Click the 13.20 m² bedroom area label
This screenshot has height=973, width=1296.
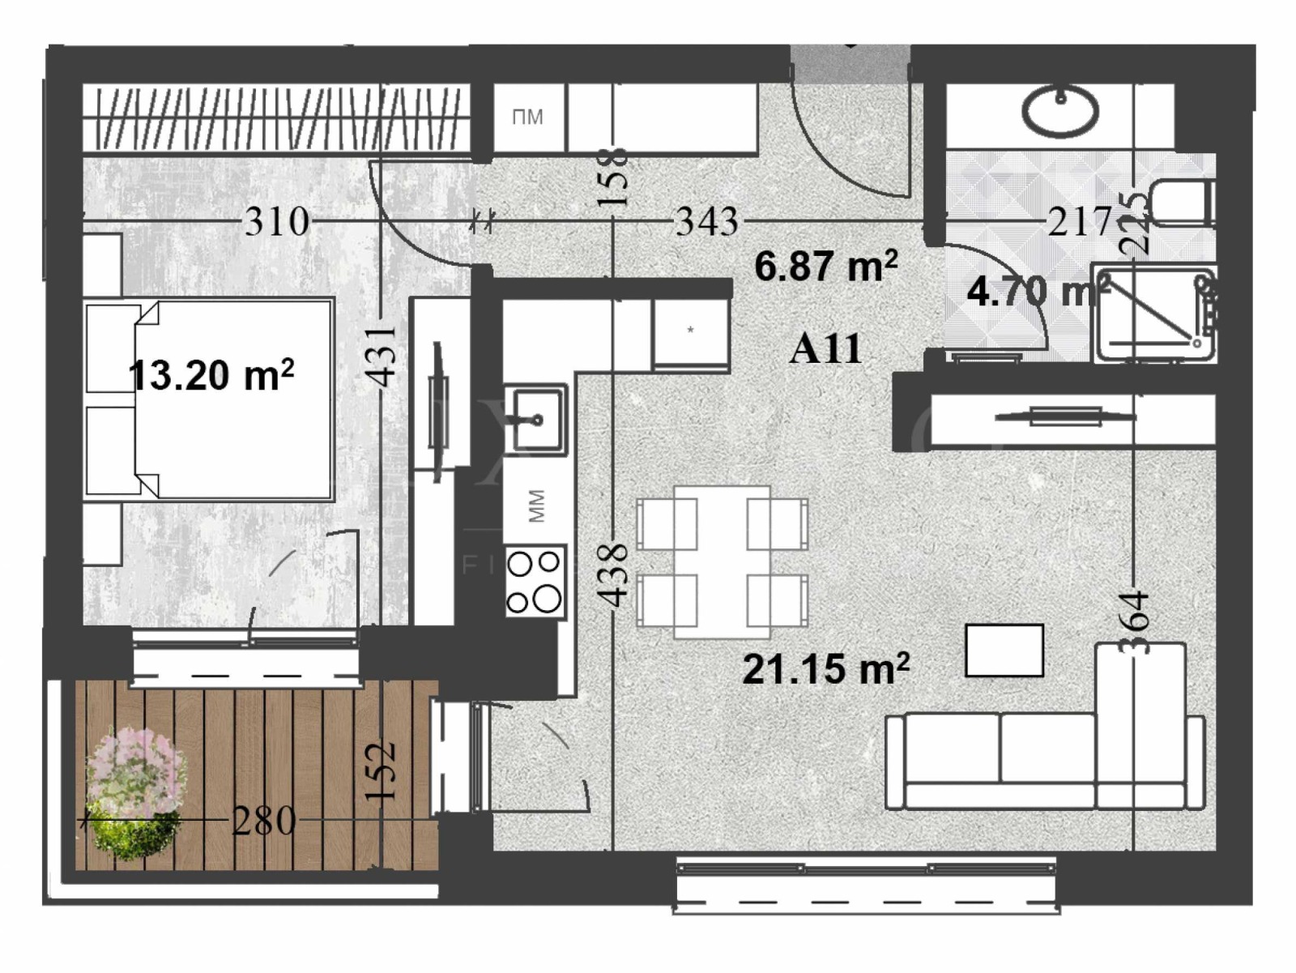(211, 375)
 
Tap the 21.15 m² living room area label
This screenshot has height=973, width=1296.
(825, 669)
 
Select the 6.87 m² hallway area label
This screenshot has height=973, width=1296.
(825, 266)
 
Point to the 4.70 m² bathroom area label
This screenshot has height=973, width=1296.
(1038, 291)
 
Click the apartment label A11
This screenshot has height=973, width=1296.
(825, 349)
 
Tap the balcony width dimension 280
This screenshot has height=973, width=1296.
(264, 822)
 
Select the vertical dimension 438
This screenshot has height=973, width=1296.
(613, 574)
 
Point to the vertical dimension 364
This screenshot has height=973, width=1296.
(1135, 622)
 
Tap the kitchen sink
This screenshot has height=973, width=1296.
(535, 420)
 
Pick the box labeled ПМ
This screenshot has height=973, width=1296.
(527, 118)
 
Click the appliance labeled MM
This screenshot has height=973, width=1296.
(535, 506)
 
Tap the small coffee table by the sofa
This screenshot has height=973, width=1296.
(1004, 650)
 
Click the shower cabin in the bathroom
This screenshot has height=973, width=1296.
(1153, 313)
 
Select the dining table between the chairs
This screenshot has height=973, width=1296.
(722, 561)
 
